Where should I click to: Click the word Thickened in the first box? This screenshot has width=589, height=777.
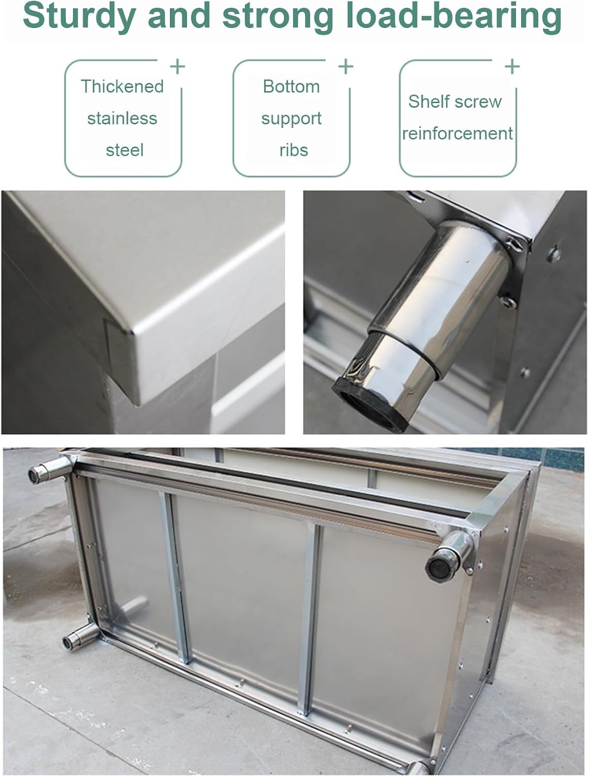[x=122, y=86]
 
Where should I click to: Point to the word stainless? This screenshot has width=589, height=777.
[x=122, y=118]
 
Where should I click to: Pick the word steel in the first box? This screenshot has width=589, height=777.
[x=124, y=150]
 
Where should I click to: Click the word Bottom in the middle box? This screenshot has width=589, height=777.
[x=291, y=86]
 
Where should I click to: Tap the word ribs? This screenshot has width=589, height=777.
[x=293, y=150]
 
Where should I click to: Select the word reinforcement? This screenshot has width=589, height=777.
[x=457, y=134]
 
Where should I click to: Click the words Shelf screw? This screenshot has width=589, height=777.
[x=455, y=102]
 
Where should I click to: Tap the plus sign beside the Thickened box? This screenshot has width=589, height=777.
[x=178, y=66]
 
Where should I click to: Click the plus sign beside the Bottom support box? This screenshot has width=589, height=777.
[x=346, y=66]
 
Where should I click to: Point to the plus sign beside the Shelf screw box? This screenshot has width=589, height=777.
[x=512, y=66]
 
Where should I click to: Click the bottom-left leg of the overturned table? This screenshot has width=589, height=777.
[x=75, y=638]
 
